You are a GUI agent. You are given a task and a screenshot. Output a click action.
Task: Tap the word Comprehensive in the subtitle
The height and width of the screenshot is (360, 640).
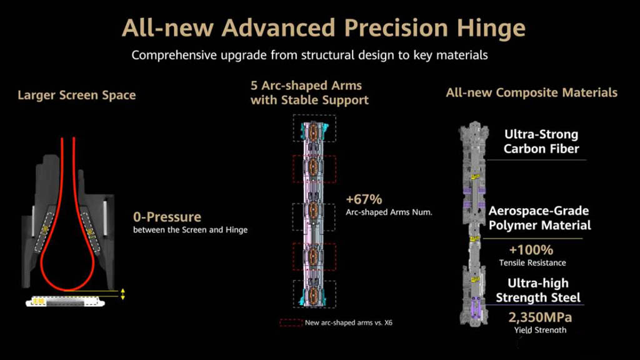click(174, 56)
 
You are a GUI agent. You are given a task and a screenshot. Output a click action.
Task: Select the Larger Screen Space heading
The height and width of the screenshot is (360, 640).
click(77, 95)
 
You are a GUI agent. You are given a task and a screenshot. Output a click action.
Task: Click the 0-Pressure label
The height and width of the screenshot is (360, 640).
click(167, 217)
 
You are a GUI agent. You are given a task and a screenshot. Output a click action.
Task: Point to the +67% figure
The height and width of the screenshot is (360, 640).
click(364, 199)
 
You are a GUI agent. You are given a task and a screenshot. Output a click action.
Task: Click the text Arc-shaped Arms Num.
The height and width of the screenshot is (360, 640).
click(389, 212)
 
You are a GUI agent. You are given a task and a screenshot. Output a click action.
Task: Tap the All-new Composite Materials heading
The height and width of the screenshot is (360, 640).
click(531, 92)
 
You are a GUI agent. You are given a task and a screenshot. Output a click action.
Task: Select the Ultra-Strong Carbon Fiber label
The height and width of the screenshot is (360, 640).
click(541, 141)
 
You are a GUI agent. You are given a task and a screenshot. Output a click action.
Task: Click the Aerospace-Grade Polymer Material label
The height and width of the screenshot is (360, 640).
click(539, 218)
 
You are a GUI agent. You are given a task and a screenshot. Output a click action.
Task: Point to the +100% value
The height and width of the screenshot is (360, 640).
click(531, 249)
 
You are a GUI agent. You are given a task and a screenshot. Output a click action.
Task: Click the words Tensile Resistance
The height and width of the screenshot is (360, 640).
click(532, 263)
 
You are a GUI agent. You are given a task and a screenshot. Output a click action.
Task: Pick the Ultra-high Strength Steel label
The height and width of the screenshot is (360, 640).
click(538, 290)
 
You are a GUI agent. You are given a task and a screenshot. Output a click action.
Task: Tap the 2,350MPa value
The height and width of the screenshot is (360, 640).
click(540, 317)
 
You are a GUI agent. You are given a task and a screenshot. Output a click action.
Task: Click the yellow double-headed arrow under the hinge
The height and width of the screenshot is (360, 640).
click(123, 294)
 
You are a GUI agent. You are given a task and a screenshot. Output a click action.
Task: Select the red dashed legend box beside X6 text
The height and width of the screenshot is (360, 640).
click(291, 323)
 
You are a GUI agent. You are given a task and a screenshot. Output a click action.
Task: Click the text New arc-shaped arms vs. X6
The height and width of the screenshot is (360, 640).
click(349, 323)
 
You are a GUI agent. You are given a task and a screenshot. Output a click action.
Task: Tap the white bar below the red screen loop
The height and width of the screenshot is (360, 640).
click(65, 302)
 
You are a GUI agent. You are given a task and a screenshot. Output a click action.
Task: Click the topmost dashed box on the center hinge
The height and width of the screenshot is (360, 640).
click(314, 129)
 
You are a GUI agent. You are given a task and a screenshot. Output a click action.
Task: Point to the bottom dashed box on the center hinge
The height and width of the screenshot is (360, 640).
click(314, 294)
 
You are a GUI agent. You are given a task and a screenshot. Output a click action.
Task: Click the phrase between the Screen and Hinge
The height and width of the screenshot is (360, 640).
click(190, 230)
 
